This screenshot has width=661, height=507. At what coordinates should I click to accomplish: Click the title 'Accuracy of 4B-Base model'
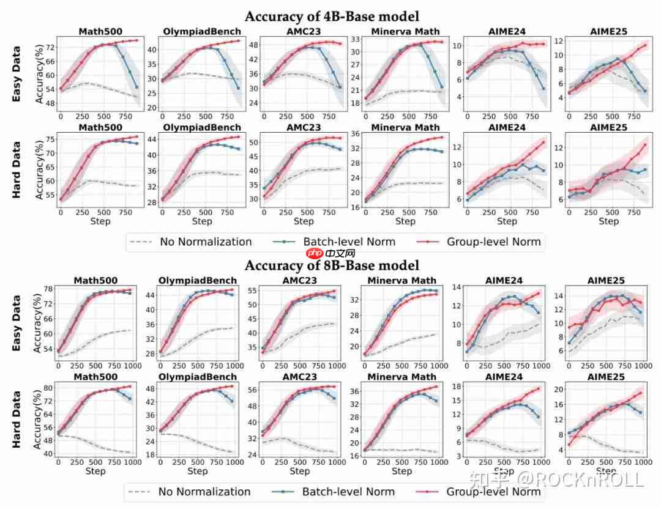[x=332, y=17]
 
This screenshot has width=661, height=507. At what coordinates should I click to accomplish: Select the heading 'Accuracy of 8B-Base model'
[x=332, y=265]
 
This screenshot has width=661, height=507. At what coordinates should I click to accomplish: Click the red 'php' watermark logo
[x=315, y=253]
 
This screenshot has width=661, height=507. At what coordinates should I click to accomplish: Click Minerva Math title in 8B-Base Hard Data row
[x=402, y=377]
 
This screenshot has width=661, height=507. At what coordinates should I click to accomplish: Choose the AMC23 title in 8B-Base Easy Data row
[x=300, y=281]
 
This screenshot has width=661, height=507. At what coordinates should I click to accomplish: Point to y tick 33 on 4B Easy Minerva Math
[x=354, y=39]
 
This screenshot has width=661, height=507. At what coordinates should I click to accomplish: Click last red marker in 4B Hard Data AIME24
[x=542, y=142]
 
